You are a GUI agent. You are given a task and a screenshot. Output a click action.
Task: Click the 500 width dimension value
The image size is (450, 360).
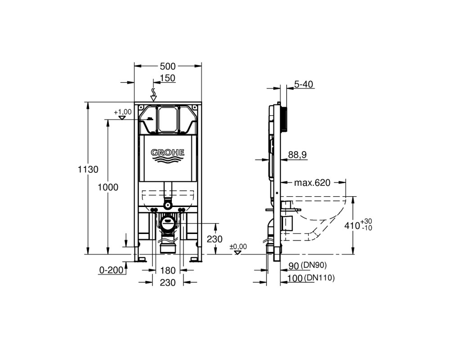167,66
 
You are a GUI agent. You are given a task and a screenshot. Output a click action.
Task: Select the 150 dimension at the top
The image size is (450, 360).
167,78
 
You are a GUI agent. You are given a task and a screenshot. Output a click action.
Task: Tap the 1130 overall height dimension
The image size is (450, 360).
88,169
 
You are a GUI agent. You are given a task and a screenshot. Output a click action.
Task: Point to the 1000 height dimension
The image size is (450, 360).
108,187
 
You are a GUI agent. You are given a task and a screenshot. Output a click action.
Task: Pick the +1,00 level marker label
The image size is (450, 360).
122,112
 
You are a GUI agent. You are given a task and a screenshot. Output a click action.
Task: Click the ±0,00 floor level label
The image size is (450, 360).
238,247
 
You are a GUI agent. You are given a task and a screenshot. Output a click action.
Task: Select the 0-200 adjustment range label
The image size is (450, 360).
111,270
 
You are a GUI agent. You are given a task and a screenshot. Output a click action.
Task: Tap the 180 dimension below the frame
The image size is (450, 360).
167,270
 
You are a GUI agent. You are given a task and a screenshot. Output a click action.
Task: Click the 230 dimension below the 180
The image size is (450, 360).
167,283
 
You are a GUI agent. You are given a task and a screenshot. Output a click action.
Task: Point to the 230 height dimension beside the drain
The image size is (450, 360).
215,239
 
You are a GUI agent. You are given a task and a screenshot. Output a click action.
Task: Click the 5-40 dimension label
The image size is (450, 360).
304,85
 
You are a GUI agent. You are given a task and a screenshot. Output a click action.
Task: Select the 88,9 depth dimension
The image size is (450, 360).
297,155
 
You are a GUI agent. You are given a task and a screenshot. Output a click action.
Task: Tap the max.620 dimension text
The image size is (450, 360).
313,183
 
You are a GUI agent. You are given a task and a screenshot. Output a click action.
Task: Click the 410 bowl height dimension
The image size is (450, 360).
352,225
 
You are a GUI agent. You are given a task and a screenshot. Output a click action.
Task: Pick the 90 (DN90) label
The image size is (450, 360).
307,265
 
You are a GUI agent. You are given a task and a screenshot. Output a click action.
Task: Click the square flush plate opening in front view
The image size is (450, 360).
167,119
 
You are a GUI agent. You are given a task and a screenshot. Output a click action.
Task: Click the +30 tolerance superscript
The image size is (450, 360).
366,222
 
